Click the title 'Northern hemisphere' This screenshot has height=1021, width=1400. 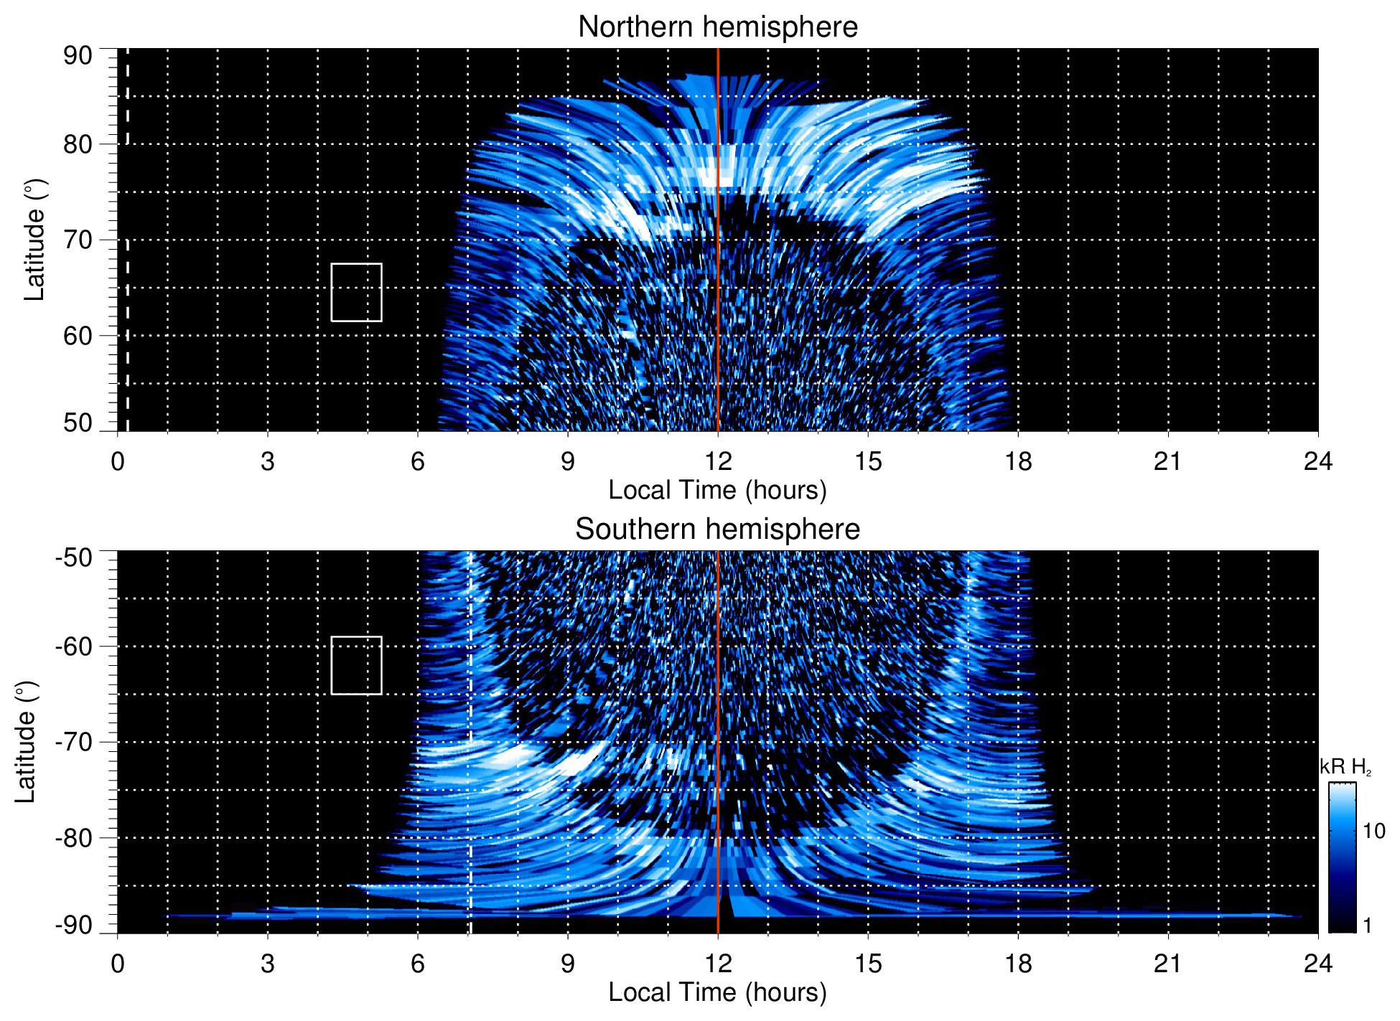717,27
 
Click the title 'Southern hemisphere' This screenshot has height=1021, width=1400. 717,530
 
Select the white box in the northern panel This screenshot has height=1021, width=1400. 356,292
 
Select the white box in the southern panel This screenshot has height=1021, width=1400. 356,665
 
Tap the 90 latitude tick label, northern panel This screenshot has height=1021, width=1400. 78,56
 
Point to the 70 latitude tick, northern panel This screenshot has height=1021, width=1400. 78,240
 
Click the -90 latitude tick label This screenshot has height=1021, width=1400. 75,925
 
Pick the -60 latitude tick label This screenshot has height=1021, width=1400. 75,646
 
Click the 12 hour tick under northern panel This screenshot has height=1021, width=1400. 717,461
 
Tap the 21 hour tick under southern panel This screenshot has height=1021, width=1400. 1167,963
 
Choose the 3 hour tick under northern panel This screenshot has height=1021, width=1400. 268,461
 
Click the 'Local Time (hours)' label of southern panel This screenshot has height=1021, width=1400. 717,992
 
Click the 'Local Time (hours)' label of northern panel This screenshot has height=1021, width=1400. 717,490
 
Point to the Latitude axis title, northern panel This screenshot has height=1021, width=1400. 34,240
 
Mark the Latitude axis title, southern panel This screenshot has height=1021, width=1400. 26,742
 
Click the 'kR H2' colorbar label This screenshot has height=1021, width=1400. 1345,767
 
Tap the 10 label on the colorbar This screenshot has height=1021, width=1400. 1373,831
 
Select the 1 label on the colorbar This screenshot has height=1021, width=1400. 1367,925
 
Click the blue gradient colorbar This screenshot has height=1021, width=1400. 1342,857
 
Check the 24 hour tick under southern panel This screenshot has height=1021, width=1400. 1317,963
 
